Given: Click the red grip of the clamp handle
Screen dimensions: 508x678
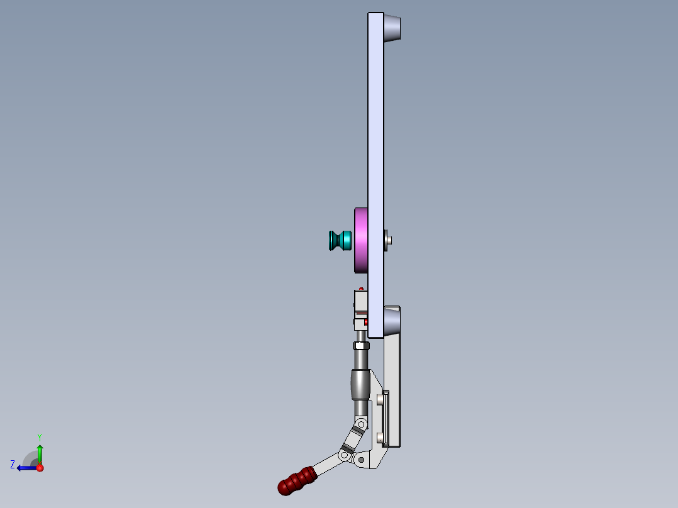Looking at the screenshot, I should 296,480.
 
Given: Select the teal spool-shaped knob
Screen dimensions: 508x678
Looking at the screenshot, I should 340,240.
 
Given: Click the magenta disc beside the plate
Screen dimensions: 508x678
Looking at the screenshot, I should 361,240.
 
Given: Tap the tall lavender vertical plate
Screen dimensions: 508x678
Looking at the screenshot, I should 375,157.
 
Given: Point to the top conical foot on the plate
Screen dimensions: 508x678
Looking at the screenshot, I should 392,28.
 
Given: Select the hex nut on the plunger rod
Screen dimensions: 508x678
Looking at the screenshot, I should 360,346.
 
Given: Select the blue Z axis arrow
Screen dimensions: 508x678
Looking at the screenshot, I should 26,468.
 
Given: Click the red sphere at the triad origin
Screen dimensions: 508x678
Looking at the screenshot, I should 40,468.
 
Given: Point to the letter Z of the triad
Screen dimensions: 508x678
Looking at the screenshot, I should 13,464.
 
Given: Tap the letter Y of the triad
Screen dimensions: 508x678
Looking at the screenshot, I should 39,436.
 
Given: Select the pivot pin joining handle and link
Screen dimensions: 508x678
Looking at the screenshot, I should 344,454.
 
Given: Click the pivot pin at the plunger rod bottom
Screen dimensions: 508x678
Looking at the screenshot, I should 362,426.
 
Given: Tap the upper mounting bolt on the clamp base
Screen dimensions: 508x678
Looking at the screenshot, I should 381,399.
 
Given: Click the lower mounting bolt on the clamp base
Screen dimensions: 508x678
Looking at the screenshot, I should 381,437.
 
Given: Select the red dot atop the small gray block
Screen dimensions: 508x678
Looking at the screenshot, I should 361,289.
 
